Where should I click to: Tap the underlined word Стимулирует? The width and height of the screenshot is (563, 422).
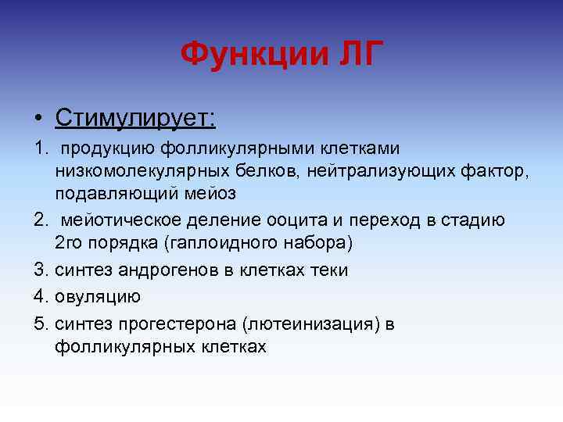click(135, 118)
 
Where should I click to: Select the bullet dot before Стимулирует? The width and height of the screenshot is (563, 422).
click(38, 119)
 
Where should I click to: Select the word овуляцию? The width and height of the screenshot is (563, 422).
click(98, 295)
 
